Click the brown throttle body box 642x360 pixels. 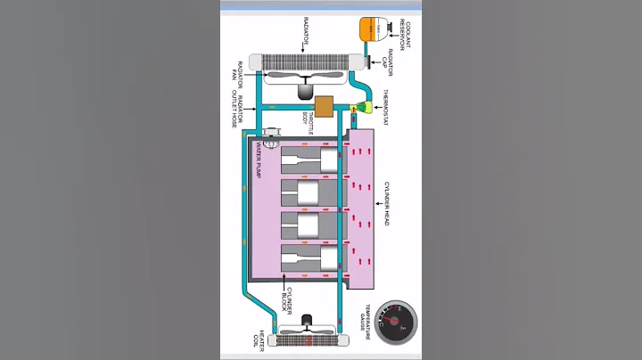click(x=324, y=107)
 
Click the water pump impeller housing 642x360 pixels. click(x=270, y=134)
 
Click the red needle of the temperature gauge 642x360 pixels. click(x=390, y=319)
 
